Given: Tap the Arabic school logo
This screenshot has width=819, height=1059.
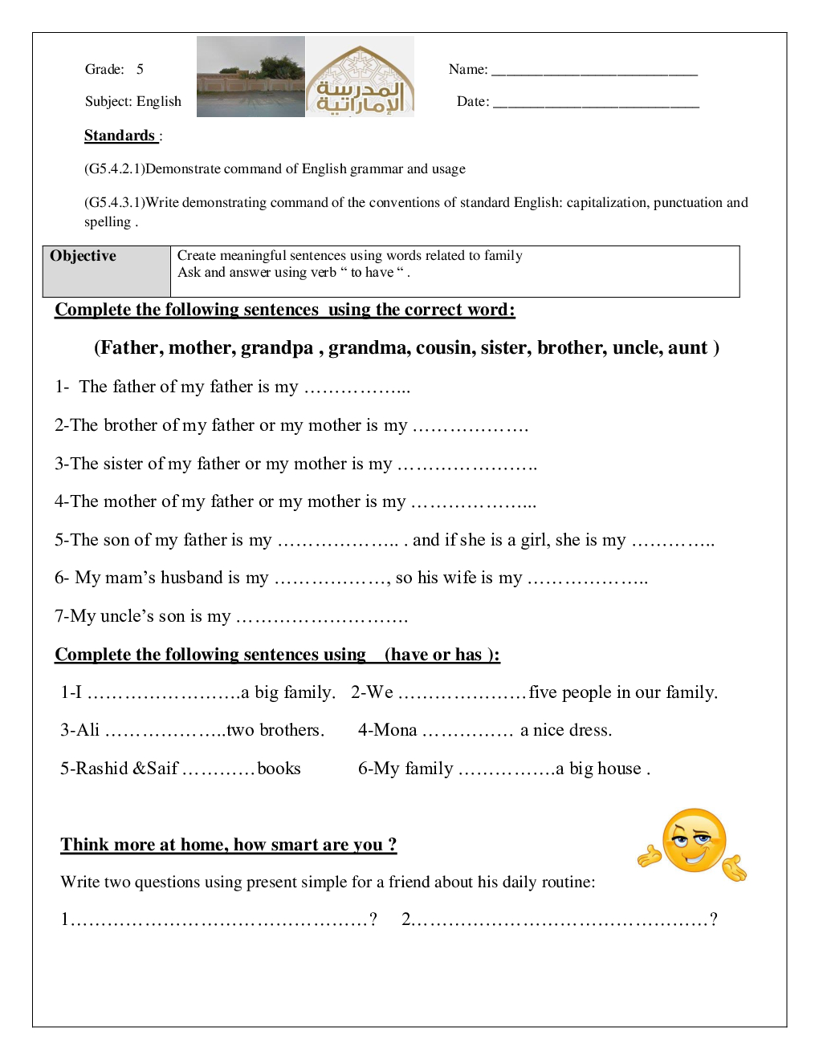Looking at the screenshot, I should tap(360, 77).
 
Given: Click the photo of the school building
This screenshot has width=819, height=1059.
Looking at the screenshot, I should tap(251, 77).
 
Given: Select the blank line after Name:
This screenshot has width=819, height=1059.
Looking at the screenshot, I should tap(594, 71).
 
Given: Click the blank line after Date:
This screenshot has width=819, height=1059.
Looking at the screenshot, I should tap(596, 103).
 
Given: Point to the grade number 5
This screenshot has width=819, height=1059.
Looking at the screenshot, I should tap(140, 70).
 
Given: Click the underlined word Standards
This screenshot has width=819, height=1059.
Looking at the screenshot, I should tap(120, 136).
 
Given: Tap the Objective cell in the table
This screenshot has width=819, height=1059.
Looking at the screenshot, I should tap(106, 271).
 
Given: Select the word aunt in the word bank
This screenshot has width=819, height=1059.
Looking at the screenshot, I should tap(688, 348).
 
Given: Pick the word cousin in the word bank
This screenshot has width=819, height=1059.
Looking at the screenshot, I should tap(441, 348).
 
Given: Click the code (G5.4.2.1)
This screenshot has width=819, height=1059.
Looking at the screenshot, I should tap(115, 169).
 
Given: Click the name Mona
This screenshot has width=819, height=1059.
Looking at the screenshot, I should tap(395, 730).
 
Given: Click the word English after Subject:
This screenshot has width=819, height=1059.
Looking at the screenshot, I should tap(159, 102).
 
